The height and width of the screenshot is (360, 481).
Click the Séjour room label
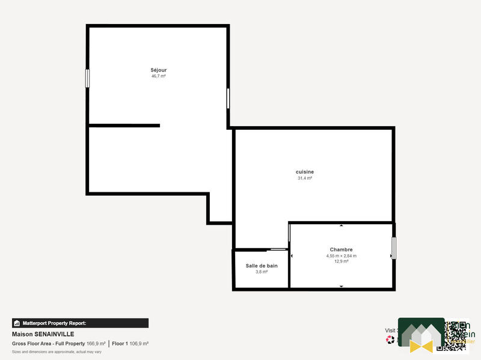point(159,70)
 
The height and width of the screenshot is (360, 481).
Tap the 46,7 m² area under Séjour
point(159,76)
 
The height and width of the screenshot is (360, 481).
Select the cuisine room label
point(305,172)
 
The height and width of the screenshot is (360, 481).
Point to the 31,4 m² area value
point(305,178)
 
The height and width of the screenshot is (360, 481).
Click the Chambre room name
point(341,249)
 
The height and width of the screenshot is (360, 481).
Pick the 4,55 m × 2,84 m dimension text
point(341,255)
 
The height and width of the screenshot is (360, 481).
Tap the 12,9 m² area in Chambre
point(341,261)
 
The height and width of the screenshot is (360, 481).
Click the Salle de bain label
point(262,266)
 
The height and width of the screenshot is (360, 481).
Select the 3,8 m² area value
point(262,272)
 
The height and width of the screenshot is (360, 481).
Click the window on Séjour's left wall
point(87,78)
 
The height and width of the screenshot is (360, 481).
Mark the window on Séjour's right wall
point(228,99)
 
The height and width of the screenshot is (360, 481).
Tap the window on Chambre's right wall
point(394,248)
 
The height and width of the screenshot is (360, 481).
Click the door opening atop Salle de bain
point(277,249)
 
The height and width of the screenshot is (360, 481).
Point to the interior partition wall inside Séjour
point(124,126)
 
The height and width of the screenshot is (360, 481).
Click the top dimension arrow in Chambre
point(342,226)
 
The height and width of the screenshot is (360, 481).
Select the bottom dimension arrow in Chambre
point(342,287)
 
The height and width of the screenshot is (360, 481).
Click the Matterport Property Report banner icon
point(17,323)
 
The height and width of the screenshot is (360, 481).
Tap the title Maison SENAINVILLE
point(43,334)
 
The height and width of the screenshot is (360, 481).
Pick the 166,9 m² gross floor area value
point(96,344)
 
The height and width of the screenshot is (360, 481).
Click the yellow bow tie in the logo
point(421,346)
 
